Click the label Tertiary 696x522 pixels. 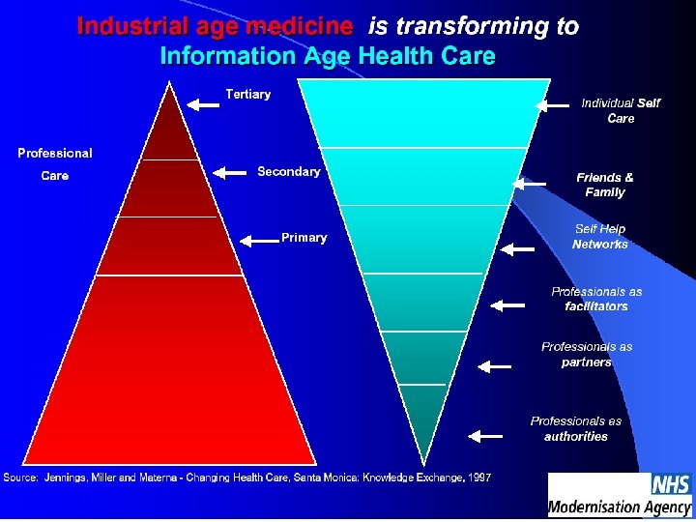247,94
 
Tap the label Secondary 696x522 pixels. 288,171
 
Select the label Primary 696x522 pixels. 304,238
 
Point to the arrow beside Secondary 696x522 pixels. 230,173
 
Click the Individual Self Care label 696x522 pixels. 621,110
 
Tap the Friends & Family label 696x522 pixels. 605,185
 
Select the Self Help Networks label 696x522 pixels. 600,237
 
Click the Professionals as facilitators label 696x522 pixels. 596,299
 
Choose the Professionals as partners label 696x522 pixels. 587,354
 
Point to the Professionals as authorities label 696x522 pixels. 576,428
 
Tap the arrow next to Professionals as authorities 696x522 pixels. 485,436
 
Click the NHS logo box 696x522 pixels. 671,483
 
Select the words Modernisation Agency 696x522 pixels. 620,506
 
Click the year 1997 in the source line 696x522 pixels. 478,478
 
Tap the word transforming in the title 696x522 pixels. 459,26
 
